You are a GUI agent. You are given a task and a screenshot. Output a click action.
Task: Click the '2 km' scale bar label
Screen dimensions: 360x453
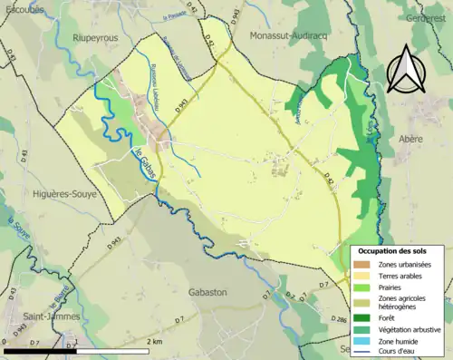(x=157, y=341)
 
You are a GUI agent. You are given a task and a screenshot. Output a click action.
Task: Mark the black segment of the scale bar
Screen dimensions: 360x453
(x=39, y=350)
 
